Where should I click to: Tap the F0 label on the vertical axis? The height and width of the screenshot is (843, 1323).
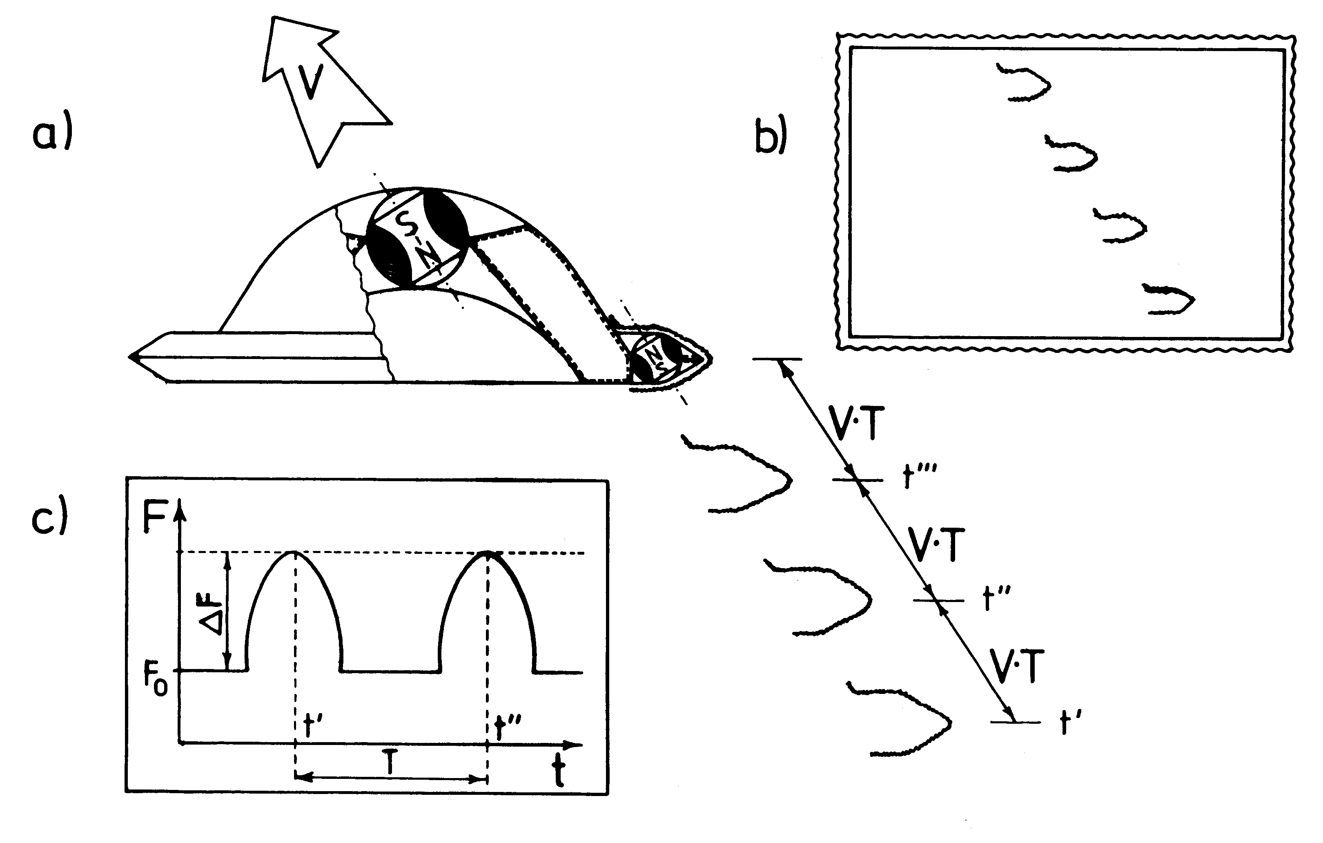pyautogui.click(x=156, y=681)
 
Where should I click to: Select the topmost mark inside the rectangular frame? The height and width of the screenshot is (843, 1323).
pyautogui.click(x=1024, y=83)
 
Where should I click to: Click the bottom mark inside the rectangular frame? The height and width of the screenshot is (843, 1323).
pyautogui.click(x=1169, y=299)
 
